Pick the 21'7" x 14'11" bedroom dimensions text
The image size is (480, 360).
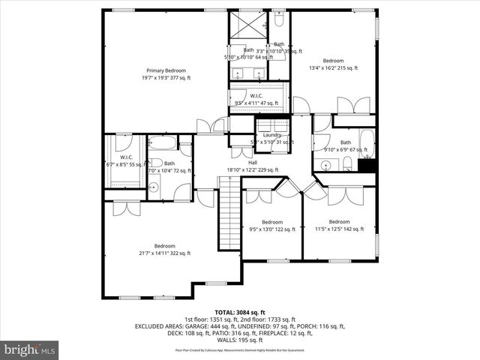pyautogui.click(x=165, y=253)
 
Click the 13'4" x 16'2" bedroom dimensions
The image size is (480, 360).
pyautogui.click(x=333, y=67)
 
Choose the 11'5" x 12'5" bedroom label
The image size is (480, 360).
pyautogui.click(x=338, y=221)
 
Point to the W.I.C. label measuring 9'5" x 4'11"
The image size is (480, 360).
pyautogui.click(x=257, y=96)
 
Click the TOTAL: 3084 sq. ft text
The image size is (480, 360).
pyautogui.click(x=239, y=312)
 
